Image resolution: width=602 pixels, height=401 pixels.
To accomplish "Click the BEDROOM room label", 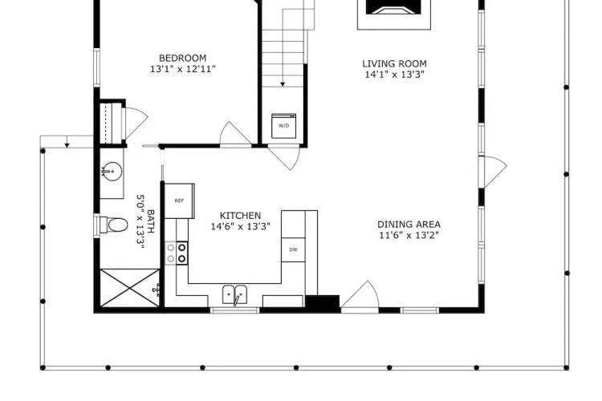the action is tap(182, 59).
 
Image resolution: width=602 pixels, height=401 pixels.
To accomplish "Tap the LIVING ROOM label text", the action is tap(394, 63).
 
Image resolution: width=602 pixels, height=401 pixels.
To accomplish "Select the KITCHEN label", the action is tap(240, 216).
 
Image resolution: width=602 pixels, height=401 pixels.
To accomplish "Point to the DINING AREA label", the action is tap(409, 225).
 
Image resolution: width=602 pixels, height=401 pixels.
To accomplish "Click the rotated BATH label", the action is tap(151, 221).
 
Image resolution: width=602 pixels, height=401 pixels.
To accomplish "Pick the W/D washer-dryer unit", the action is tap(283, 125).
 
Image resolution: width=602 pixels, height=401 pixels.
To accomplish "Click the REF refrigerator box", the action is tap(179, 200).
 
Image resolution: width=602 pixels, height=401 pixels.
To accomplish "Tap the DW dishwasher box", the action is tap(293, 249).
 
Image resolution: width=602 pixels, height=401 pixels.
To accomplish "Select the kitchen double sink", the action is tap(235, 295).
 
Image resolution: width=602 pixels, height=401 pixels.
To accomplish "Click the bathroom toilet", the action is tap(113, 225).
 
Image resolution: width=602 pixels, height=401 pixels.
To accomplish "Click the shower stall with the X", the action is tap(130, 288).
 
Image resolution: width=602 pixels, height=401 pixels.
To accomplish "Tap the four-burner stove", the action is tap(177, 253).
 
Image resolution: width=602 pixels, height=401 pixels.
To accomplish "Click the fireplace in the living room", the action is tap(394, 14).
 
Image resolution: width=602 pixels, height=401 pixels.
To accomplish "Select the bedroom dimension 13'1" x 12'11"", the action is tap(183, 69).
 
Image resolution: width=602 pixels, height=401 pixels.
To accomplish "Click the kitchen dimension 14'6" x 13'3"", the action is tap(240, 226).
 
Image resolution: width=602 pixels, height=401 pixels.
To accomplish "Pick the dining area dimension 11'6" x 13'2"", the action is tap(409, 235).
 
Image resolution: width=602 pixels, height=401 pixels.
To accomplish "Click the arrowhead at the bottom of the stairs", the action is tap(283, 84).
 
